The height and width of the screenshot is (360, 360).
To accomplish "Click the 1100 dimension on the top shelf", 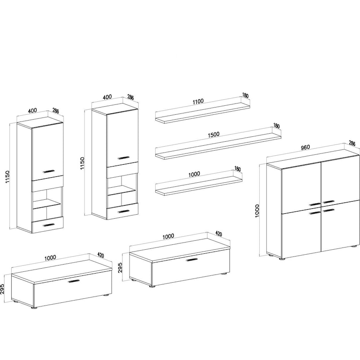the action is pyautogui.click(x=198, y=101).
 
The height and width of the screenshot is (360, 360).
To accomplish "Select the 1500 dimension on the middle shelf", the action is pyautogui.click(x=214, y=135).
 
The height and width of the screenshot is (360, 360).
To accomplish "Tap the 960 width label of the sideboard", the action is pyautogui.click(x=306, y=148).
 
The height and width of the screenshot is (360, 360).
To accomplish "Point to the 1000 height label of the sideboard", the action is pyautogui.click(x=257, y=211).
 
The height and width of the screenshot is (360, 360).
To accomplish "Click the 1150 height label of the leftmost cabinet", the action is pyautogui.click(x=8, y=177).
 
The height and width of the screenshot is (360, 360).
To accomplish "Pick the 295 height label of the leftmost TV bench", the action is pyautogui.click(x=2, y=289).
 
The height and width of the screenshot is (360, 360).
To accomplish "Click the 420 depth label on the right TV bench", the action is pyautogui.click(x=219, y=234).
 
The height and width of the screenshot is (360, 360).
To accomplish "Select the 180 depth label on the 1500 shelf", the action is pyautogui.click(x=276, y=126).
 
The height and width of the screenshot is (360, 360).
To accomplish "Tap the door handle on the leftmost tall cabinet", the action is pyautogui.click(x=49, y=171).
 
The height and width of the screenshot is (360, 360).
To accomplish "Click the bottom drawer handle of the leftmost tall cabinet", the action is pyautogui.click(x=49, y=225).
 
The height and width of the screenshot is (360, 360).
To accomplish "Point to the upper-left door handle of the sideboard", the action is pyautogui.click(x=315, y=204).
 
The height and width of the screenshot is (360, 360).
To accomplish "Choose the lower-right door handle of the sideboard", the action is pyautogui.click(x=328, y=210).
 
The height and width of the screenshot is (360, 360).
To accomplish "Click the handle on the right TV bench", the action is pyautogui.click(x=192, y=260).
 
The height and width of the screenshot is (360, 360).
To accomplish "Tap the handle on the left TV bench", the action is pyautogui.click(x=74, y=281).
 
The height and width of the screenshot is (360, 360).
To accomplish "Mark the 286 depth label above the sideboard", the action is pyautogui.click(x=352, y=143).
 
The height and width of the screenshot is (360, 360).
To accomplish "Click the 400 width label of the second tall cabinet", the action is pyautogui.click(x=107, y=97).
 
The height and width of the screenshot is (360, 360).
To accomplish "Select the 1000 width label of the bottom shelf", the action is pyautogui.click(x=194, y=174).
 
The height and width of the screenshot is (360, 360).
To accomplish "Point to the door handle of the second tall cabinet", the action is pyautogui.click(x=124, y=158).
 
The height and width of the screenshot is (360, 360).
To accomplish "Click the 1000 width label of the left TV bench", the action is pyautogui.click(x=50, y=257).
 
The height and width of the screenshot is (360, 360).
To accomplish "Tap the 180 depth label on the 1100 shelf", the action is pyautogui.click(x=245, y=95).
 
